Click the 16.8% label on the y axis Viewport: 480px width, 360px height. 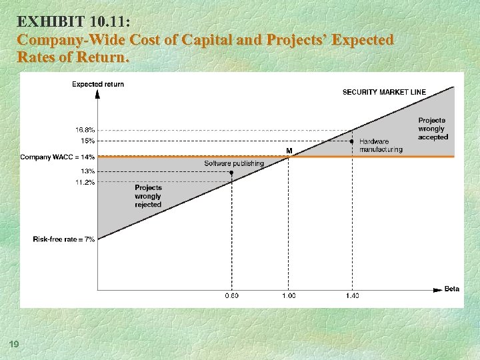pyautogui.click(x=85, y=130)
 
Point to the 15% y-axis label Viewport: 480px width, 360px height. pyautogui.click(x=87, y=141)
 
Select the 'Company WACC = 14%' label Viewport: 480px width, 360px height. pyautogui.click(x=58, y=157)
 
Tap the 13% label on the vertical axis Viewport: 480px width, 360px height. pyautogui.click(x=87, y=171)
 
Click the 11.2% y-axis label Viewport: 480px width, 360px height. pyautogui.click(x=85, y=182)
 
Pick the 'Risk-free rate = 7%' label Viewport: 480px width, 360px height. pyautogui.click(x=63, y=239)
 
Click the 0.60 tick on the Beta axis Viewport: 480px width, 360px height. pyautogui.click(x=231, y=295)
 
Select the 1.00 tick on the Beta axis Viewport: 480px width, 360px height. pyautogui.click(x=288, y=295)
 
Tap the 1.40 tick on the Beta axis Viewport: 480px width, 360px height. pyautogui.click(x=351, y=295)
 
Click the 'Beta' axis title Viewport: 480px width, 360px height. pyautogui.click(x=452, y=289)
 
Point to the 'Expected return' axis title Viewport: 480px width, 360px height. pyautogui.click(x=98, y=84)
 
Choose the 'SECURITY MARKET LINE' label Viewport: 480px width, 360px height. pyautogui.click(x=384, y=92)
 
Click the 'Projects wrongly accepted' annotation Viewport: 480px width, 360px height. pyautogui.click(x=433, y=129)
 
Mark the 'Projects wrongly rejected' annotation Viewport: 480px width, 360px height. pyautogui.click(x=148, y=196)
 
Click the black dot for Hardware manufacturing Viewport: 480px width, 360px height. pyautogui.click(x=351, y=141)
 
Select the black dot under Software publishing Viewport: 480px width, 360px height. pyautogui.click(x=231, y=172)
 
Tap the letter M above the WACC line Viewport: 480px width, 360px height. pyautogui.click(x=289, y=151)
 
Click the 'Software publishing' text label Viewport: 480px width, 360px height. pyautogui.click(x=234, y=163)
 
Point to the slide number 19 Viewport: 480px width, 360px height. pyautogui.click(x=13, y=343)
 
